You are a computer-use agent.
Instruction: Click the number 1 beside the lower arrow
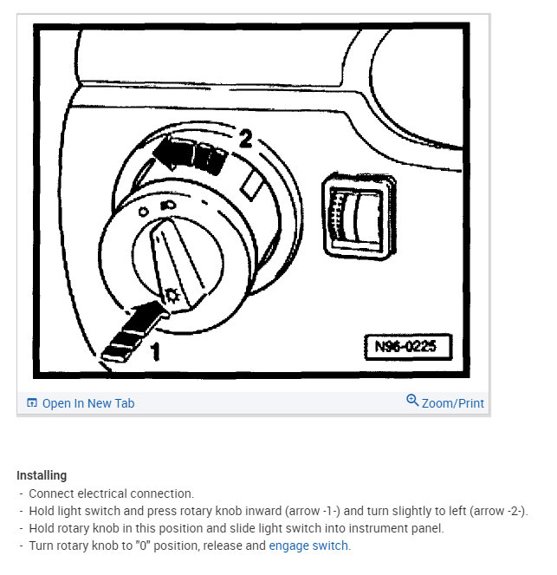coord(156,351)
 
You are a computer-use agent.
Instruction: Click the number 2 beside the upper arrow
coord(246,138)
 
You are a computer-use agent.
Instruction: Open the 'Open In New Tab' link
coord(87,403)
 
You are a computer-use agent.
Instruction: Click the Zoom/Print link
coord(452,403)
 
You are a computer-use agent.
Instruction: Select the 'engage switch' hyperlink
coord(309,546)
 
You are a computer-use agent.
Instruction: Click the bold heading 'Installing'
coord(42,476)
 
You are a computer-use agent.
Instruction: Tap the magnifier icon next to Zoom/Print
coord(412,401)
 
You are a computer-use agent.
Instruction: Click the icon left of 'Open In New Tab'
coord(32,403)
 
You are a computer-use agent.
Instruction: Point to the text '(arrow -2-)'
coord(495,511)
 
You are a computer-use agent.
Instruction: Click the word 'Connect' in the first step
coord(50,493)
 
